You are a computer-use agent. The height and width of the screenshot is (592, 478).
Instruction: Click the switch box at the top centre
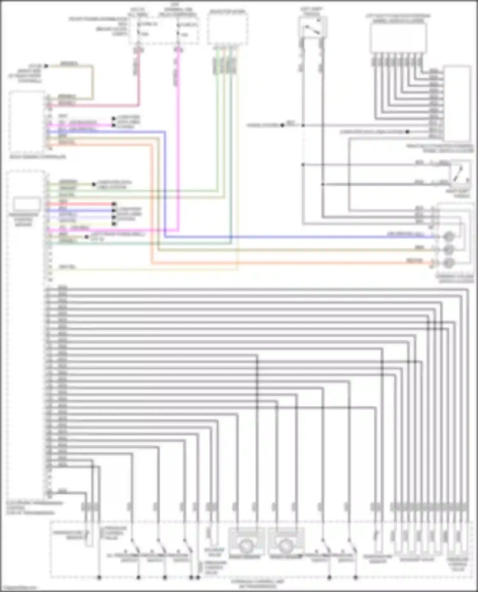coord(312,27)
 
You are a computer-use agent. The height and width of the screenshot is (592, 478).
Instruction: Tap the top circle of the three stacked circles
coord(449,237)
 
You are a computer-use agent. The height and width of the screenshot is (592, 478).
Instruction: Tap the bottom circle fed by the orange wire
coord(449,263)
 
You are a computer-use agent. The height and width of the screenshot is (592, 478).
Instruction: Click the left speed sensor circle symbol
coord(246,546)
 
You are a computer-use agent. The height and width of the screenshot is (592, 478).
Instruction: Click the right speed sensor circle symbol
coord(286,546)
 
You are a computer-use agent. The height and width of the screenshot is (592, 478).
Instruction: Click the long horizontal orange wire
coord(287,263)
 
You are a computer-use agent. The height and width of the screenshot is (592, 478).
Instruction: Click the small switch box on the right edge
coord(460,173)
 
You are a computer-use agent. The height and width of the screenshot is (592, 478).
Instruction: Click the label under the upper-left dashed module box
coord(38,157)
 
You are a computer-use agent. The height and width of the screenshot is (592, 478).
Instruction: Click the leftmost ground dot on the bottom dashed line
coord(99,577)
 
